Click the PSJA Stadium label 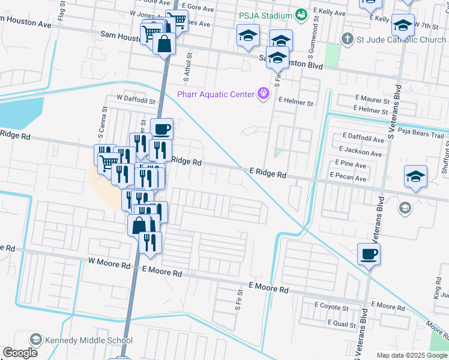(x=265, y=15)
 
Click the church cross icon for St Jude (x=347, y=40)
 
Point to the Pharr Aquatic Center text (x=215, y=94)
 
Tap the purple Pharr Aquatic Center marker (x=262, y=94)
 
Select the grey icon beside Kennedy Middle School (x=35, y=340)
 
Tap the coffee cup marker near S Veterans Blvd (x=369, y=254)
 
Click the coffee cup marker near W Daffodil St (x=161, y=129)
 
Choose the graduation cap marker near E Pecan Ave (x=415, y=176)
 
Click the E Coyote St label (x=332, y=308)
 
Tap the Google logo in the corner (x=20, y=353)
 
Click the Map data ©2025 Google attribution (x=411, y=355)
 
